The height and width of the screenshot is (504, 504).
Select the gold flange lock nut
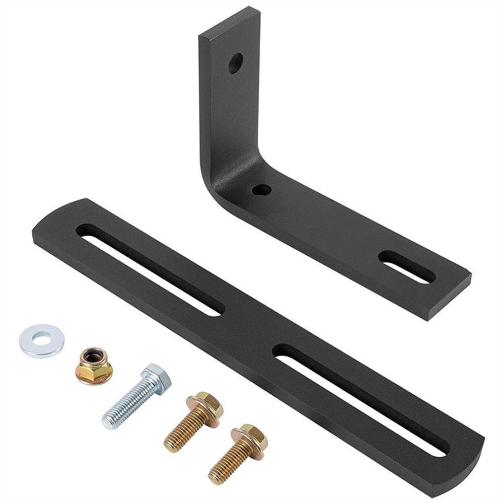coord(94,366)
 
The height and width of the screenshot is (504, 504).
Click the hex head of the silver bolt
coord(157,379)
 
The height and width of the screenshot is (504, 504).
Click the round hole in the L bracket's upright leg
coord(235,63)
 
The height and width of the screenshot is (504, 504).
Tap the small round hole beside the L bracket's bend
coord(262,190)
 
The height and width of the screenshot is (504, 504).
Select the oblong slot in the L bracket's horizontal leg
coord(407,266)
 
